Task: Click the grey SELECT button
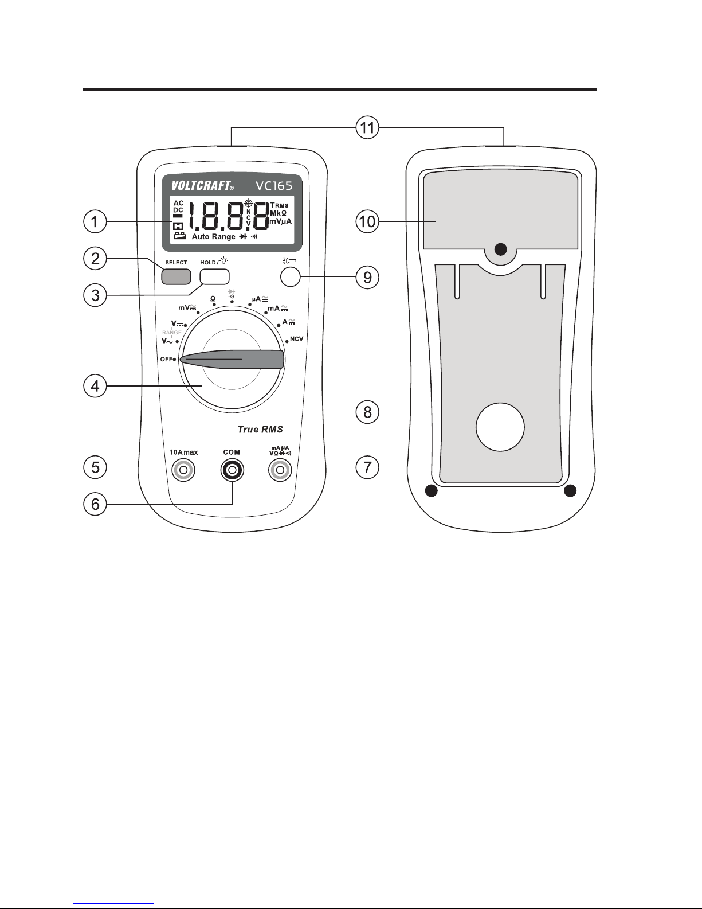coord(176,276)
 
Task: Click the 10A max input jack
coord(183,471)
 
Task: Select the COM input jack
coord(232,471)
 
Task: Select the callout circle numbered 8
coord(367,412)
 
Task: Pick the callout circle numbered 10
coord(367,221)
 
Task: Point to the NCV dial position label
coord(296,339)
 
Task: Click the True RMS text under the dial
coord(261,429)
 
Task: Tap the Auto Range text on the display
coord(213,236)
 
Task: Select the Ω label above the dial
coord(213,298)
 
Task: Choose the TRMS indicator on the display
coord(280,205)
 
